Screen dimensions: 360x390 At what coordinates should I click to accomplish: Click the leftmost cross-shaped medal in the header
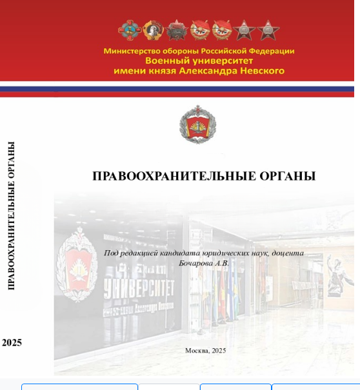pyautogui.click(x=128, y=30)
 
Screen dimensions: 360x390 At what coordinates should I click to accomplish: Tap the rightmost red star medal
pyautogui.click(x=268, y=30)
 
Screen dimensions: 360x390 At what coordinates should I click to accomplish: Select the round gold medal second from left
pyautogui.click(x=153, y=30)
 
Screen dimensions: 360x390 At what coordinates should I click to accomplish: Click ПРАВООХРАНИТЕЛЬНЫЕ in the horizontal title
pyautogui.click(x=174, y=176)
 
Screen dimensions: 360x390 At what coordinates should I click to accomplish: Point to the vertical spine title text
pyautogui.click(x=11, y=216)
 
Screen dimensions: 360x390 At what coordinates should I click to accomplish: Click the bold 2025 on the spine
pyautogui.click(x=12, y=342)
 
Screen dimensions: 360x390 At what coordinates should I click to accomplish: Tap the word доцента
pyautogui.click(x=288, y=253)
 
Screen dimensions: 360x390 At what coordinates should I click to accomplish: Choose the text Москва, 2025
pyautogui.click(x=205, y=351)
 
